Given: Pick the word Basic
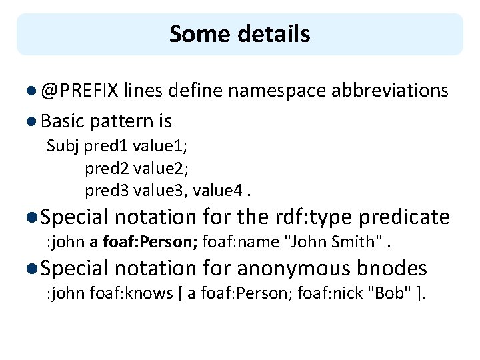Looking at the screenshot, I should pos(62,121).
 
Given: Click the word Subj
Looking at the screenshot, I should pos(61,146).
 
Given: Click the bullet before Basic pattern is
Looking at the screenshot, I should pos(33,122).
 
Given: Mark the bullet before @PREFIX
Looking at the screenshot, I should pos(33,91).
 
